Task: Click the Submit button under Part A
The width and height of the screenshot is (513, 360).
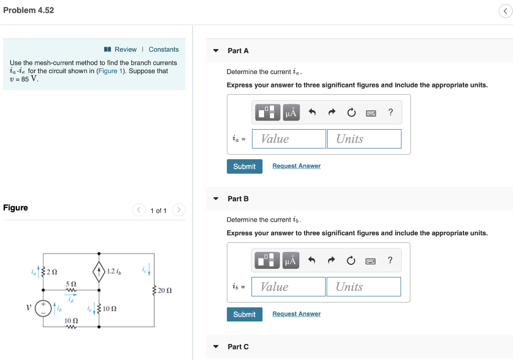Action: click(x=244, y=166)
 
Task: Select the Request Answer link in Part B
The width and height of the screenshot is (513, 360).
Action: click(x=296, y=314)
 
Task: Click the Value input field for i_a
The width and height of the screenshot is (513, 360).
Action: click(x=289, y=139)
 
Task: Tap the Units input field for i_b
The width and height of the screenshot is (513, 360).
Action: click(x=364, y=287)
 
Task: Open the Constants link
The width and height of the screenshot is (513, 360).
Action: click(x=163, y=50)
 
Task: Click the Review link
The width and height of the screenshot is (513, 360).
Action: click(x=125, y=50)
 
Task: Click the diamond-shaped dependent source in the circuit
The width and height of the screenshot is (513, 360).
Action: click(x=99, y=272)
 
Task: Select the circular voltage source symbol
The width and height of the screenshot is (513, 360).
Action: click(x=43, y=307)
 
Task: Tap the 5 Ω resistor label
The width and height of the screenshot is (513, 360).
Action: click(x=71, y=283)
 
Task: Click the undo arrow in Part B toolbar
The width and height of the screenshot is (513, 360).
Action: click(x=312, y=260)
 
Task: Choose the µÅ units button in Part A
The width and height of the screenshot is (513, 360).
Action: click(x=291, y=113)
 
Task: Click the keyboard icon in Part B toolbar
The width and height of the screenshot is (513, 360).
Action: click(x=371, y=261)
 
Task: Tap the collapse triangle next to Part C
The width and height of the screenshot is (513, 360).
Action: click(x=216, y=346)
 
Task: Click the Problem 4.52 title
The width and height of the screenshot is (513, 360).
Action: click(x=29, y=10)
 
